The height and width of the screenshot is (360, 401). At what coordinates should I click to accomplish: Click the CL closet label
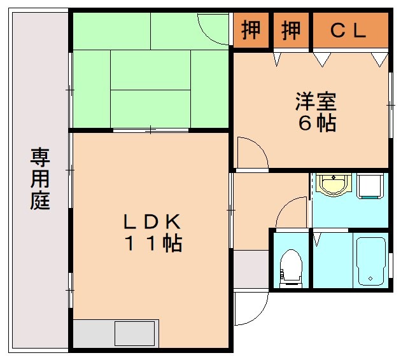tap(349, 31)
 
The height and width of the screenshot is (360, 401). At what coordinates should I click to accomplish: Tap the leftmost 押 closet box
tap(251, 31)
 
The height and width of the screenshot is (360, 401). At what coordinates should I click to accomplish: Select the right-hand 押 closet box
tap(291, 31)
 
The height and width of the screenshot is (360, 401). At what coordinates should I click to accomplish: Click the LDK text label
tap(153, 221)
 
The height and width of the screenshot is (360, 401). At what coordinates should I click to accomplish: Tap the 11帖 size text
tap(153, 243)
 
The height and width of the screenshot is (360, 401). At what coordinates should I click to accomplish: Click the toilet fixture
tap(291, 266)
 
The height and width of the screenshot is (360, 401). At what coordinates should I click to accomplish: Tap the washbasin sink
tap(334, 185)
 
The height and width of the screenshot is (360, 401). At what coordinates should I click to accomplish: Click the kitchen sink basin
tap(134, 333)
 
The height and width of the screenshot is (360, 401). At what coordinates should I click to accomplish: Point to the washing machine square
tap(370, 186)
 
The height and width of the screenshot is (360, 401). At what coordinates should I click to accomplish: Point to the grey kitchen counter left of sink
tap(93, 333)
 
